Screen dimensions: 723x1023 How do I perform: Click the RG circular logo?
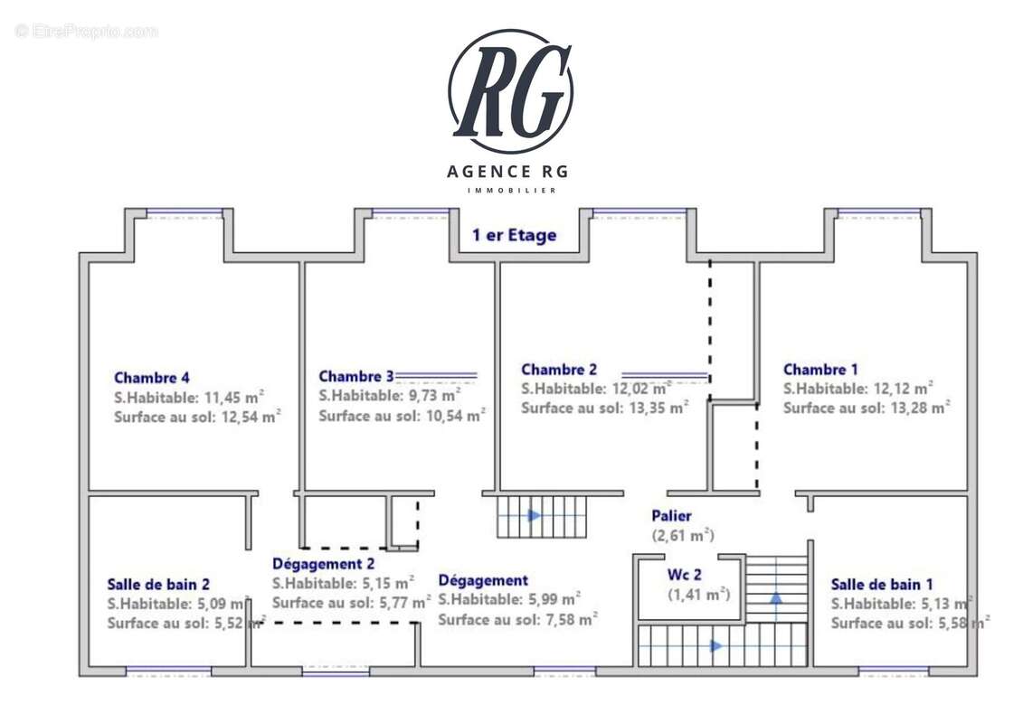tap(510, 91)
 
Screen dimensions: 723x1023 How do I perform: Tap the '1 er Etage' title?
tap(514, 236)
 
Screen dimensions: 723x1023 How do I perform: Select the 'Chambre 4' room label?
tap(151, 378)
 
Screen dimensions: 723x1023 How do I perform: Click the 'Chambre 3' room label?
tap(356, 376)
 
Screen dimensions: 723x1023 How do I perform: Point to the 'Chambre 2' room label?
tap(559, 369)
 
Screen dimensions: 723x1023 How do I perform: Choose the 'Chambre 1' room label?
tap(820, 369)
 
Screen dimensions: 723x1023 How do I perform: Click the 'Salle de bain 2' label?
tap(158, 584)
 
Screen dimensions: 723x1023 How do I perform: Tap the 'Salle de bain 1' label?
tap(882, 584)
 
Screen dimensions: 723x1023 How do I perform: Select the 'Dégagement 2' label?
tap(322, 564)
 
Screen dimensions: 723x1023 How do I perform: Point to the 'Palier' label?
tap(672, 516)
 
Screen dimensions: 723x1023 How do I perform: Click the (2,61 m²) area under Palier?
tap(684, 536)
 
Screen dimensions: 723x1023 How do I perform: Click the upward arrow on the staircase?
tap(776, 597)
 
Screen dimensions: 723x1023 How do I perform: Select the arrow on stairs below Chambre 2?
tap(535, 516)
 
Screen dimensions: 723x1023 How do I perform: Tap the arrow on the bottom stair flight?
tap(716, 645)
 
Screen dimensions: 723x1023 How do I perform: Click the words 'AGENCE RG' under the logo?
tap(509, 172)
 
